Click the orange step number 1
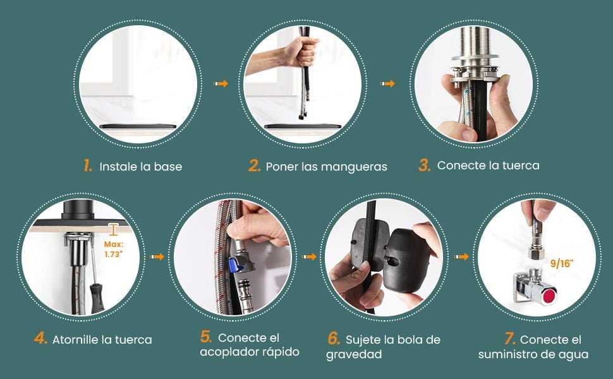point(88,165)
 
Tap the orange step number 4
point(40,339)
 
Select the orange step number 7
point(510,339)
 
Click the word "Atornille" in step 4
point(75,340)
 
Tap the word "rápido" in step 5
point(281,352)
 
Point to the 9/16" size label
point(562,264)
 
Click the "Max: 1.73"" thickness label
point(114,250)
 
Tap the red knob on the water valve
point(550,296)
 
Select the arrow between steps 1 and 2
point(221,83)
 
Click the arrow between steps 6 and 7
point(461,256)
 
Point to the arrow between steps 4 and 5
point(157,256)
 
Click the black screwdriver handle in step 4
point(97,298)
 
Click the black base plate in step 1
point(138,126)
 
